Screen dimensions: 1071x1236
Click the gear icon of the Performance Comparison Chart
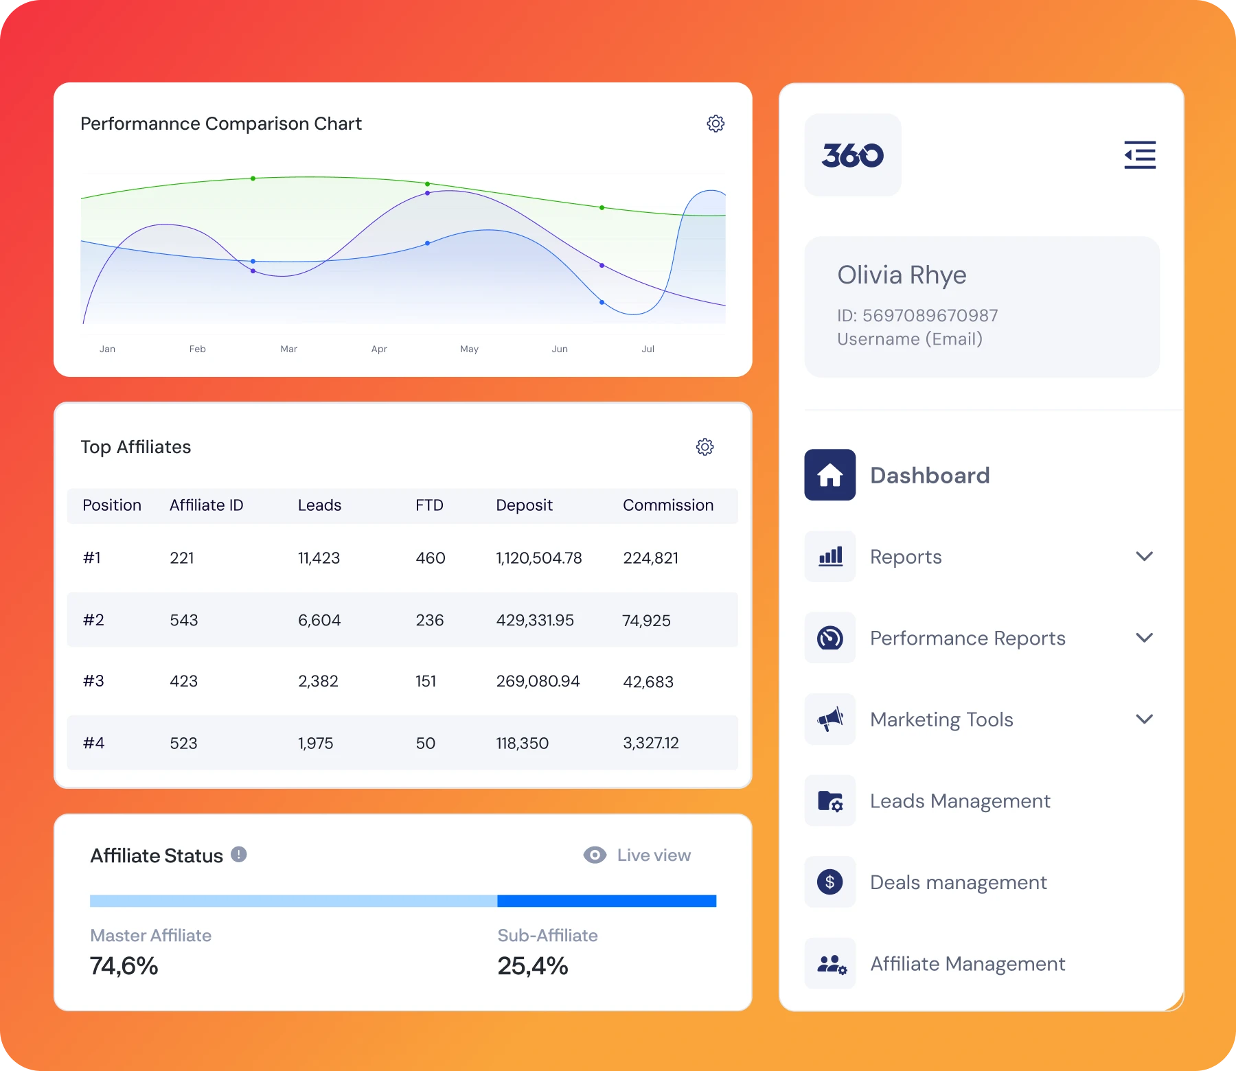pos(716,124)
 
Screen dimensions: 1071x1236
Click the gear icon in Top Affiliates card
pos(705,447)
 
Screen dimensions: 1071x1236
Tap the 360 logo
pos(852,155)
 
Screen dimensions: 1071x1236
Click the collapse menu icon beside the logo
pos(1140,155)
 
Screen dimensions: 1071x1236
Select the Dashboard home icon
pos(829,475)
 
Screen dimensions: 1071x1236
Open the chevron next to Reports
pos(1144,556)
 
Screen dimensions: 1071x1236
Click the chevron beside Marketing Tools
pos(1144,719)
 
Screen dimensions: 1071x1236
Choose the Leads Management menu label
pos(959,801)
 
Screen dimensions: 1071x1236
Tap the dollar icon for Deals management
pos(829,882)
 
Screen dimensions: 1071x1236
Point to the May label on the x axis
pos(469,349)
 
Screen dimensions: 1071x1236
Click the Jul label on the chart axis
pos(648,349)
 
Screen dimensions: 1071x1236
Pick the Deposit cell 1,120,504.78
pos(538,558)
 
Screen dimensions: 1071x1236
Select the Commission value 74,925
pos(646,621)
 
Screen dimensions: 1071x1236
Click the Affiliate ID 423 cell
pos(183,681)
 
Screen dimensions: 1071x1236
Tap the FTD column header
pos(429,505)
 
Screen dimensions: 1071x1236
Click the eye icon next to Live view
pos(595,855)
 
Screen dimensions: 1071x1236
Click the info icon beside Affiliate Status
pos(238,854)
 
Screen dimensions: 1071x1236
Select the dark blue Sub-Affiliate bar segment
pos(606,901)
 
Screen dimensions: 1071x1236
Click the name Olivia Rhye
pos(902,275)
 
